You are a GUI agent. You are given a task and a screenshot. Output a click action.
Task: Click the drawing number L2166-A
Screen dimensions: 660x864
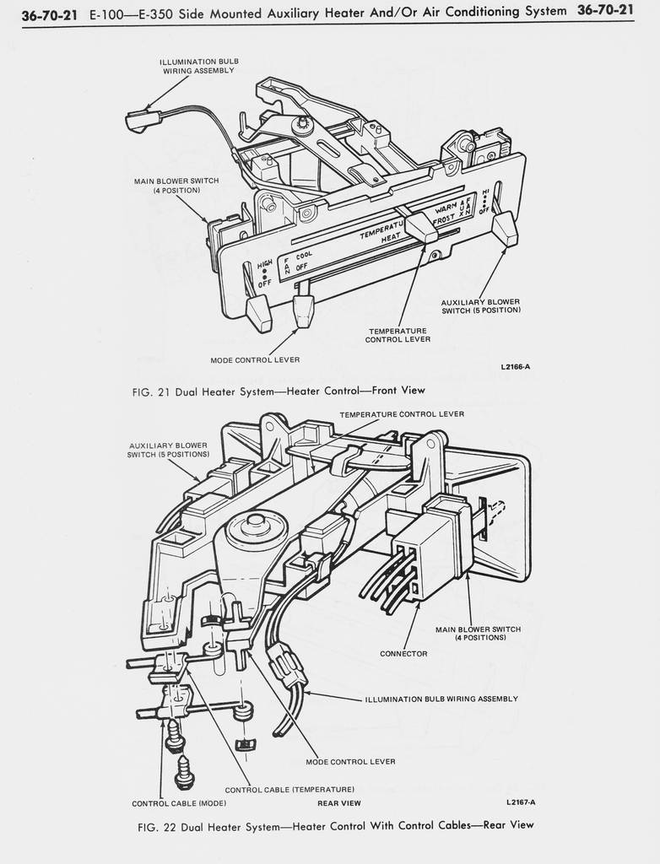pyautogui.click(x=515, y=366)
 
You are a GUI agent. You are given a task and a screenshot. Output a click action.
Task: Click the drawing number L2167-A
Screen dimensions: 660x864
pyautogui.click(x=521, y=802)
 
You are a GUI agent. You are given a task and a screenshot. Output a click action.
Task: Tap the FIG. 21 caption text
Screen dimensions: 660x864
pyautogui.click(x=279, y=391)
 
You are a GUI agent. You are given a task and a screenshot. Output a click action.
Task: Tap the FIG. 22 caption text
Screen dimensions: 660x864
pyautogui.click(x=335, y=825)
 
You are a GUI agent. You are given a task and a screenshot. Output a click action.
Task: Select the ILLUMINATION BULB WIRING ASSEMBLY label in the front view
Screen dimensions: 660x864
pyautogui.click(x=198, y=66)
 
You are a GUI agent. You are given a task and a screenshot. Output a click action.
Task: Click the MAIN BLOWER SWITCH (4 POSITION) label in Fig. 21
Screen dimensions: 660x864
pyautogui.click(x=176, y=185)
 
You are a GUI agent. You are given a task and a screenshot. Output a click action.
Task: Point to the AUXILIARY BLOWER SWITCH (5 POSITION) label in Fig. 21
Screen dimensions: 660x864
pyautogui.click(x=480, y=305)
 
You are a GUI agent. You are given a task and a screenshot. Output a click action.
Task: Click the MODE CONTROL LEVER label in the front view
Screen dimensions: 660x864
pyautogui.click(x=255, y=359)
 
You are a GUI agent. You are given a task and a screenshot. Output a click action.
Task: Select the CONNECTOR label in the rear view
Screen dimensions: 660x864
pyautogui.click(x=403, y=654)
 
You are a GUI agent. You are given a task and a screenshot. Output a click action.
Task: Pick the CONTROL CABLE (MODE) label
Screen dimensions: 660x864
pyautogui.click(x=179, y=803)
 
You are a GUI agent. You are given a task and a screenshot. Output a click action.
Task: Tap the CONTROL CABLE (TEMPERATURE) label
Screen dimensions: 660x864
pyautogui.click(x=289, y=790)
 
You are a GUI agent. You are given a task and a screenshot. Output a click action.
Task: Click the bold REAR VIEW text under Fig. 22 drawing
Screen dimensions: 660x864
pyautogui.click(x=339, y=803)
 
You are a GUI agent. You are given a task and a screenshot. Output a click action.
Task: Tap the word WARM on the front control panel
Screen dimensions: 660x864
pyautogui.click(x=446, y=208)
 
